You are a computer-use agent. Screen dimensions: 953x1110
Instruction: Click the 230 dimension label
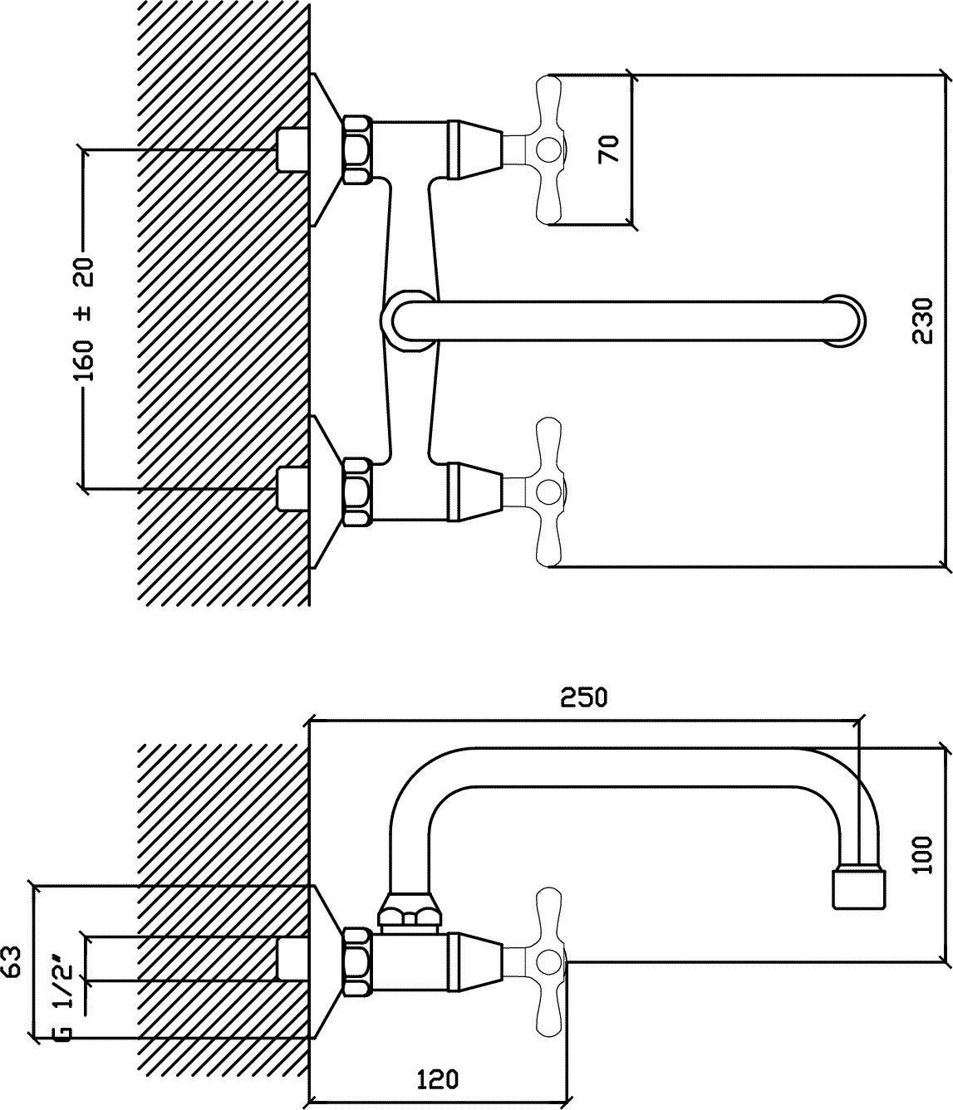pos(922,320)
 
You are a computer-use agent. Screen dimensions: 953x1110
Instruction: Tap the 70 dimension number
pos(608,149)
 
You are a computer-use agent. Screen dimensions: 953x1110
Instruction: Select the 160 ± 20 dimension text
pos(83,319)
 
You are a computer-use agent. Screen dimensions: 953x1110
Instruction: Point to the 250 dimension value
pos(583,697)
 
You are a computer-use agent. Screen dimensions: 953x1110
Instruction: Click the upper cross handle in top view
pos(549,149)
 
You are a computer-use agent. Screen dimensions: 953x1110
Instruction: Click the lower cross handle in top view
pos(549,491)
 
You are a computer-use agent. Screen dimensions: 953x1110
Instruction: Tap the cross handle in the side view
pos(549,962)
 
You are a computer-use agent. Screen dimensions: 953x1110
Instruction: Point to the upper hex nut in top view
pos(357,149)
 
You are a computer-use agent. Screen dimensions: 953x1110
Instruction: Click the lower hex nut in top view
pos(357,491)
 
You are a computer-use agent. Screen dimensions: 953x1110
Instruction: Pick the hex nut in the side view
pos(357,962)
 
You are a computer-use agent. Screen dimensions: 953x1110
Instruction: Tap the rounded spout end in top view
pos(846,321)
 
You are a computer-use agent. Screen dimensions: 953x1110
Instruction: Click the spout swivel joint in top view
pos(407,321)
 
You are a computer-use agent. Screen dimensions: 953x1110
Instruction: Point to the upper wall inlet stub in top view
pos(292,149)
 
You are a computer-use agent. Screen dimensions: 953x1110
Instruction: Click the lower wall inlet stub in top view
pos(292,489)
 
